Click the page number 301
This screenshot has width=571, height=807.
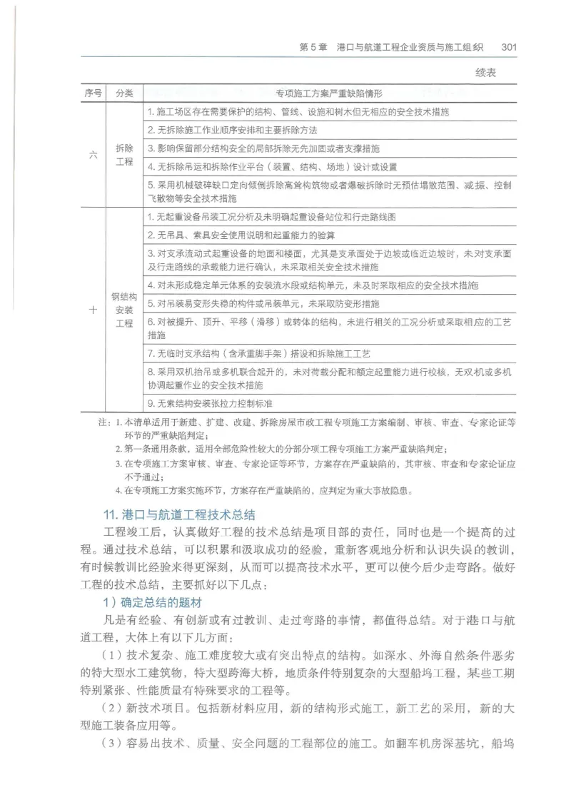(508, 47)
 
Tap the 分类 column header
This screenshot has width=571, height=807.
(124, 93)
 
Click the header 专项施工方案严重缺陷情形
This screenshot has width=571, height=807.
(329, 93)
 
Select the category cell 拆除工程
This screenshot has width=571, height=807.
(124, 155)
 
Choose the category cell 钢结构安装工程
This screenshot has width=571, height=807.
(124, 310)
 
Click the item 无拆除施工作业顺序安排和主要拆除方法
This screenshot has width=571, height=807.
(232, 131)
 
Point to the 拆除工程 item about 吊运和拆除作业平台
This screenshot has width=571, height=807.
(271, 167)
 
